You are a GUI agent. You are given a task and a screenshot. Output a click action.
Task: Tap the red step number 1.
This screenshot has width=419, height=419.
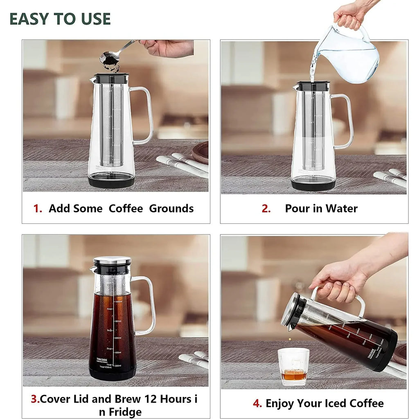(38, 209)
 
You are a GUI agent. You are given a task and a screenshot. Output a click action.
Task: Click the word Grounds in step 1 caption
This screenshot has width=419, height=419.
(171, 209)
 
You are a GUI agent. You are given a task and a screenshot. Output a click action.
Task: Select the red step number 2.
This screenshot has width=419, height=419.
(266, 209)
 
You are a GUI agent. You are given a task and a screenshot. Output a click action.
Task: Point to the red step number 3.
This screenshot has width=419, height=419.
(35, 399)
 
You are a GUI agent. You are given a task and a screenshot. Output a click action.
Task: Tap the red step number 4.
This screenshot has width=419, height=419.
(257, 403)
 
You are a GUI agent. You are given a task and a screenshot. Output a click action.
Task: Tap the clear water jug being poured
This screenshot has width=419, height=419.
(348, 55)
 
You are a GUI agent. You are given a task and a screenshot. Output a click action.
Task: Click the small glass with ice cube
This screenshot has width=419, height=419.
(293, 366)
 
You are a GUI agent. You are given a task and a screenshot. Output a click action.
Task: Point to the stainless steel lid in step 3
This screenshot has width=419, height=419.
(112, 261)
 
